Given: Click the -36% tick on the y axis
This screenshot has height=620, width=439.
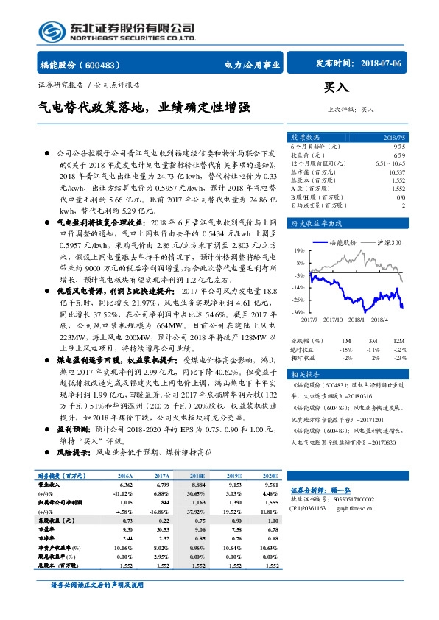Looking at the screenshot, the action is point(298,312).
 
